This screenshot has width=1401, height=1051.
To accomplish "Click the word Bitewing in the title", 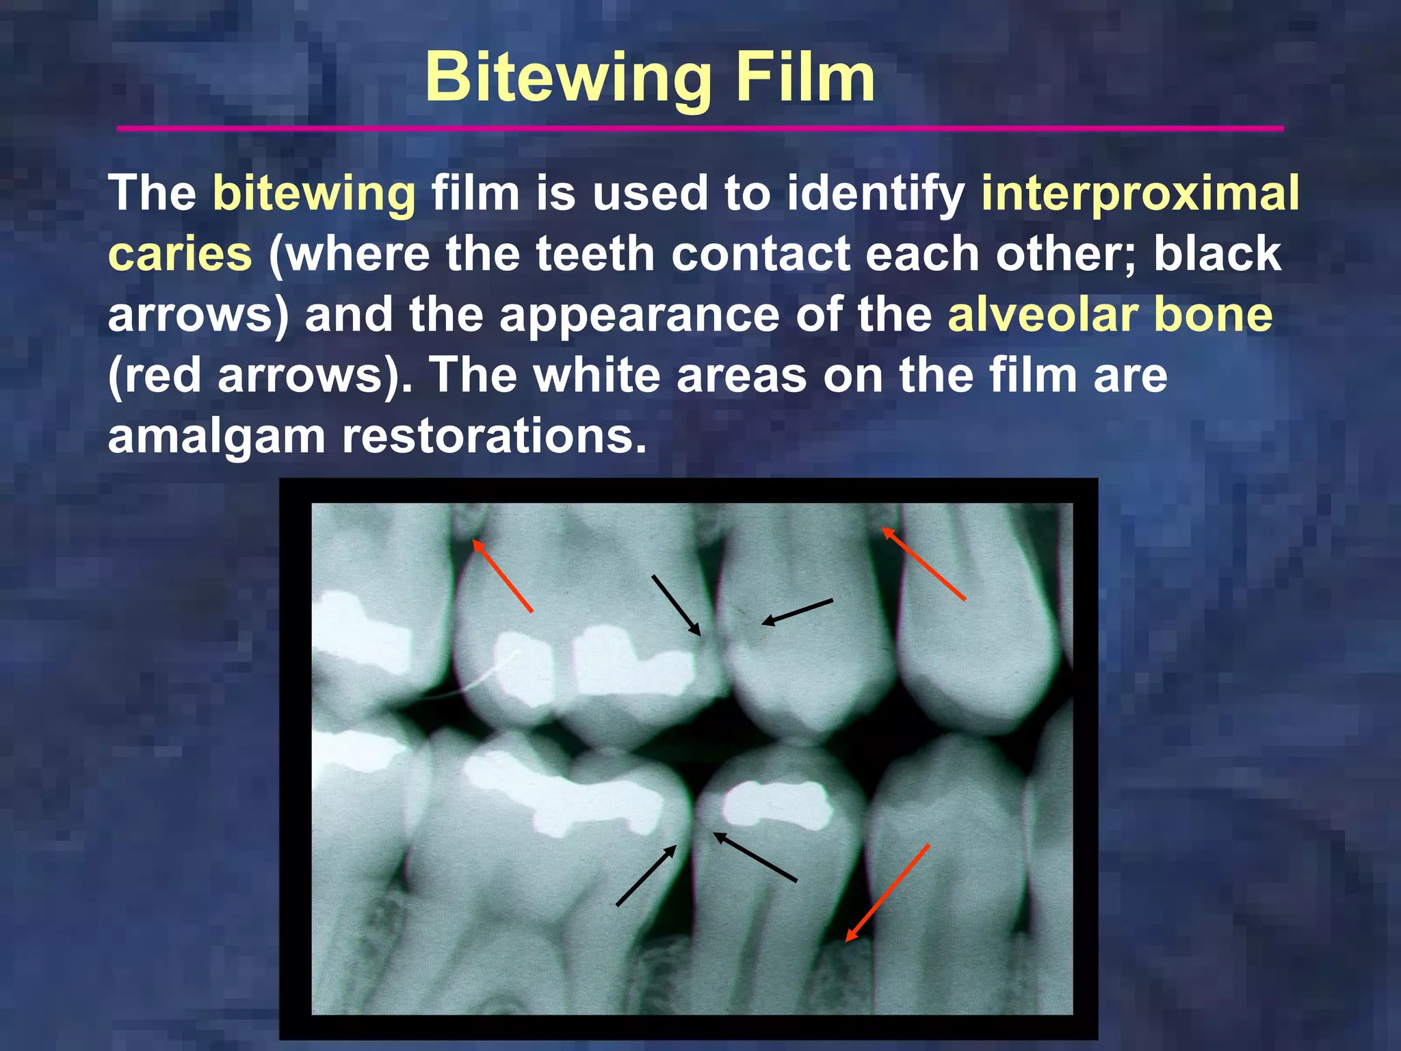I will tap(568, 79).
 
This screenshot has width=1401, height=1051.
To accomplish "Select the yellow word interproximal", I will tap(1140, 193).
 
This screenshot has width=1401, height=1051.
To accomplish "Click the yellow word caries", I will tap(180, 254).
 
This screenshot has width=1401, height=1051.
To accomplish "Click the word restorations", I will tap(494, 436).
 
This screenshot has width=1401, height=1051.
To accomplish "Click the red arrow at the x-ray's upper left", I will tap(503, 575).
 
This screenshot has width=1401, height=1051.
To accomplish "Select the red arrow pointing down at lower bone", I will tap(887, 893).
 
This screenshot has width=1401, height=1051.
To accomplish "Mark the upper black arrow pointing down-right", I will tap(677, 606).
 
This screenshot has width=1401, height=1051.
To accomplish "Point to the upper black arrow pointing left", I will tap(798, 612).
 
